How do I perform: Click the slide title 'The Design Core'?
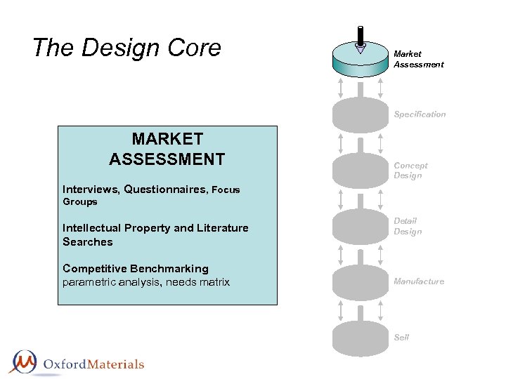[126, 48]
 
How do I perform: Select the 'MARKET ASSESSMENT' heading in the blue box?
[167, 149]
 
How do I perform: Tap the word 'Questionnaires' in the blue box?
[166, 189]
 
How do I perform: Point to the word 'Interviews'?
[91, 189]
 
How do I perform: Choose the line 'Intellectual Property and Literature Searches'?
[155, 234]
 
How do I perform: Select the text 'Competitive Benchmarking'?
[136, 268]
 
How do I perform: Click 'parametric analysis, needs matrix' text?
[146, 282]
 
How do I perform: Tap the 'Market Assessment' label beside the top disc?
[418, 59]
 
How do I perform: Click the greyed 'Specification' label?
[420, 114]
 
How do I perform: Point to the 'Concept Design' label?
[410, 171]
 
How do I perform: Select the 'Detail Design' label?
[408, 226]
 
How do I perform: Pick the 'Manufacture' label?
[419, 281]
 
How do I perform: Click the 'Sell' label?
[401, 337]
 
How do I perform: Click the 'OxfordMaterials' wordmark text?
[93, 364]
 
